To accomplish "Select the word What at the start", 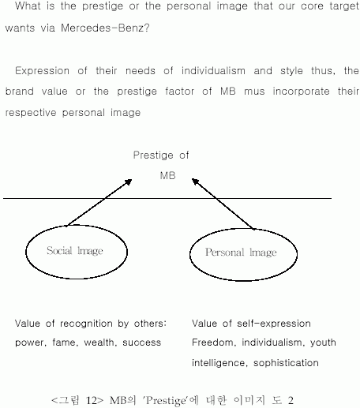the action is click(28, 6).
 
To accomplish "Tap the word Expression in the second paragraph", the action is click(42, 71).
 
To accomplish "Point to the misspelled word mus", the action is click(254, 92).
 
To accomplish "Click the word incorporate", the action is click(301, 92).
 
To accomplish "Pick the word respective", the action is click(31, 113).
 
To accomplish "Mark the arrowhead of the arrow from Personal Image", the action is click(195, 182).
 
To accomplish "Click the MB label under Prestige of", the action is click(167, 175).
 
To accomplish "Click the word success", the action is click(141, 342).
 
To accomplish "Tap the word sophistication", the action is click(286, 363).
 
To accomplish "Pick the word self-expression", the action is click(274, 324).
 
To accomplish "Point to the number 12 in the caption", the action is click(92, 400).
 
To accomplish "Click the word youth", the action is click(323, 342).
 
